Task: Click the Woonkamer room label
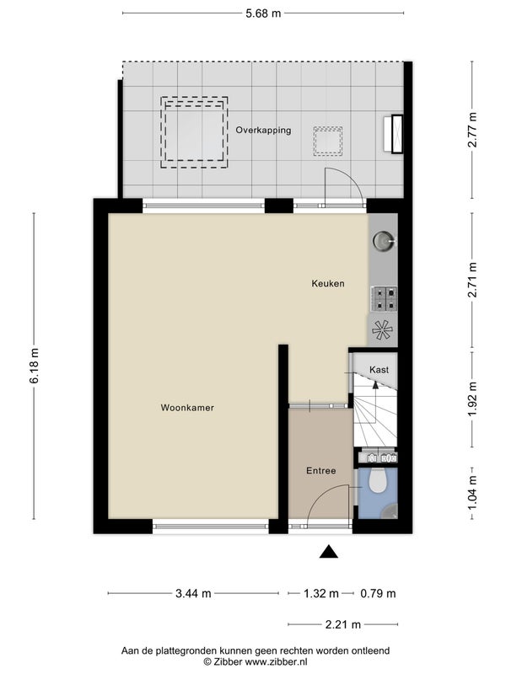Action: tap(187, 408)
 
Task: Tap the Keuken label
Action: tap(328, 283)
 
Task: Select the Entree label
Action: tap(321, 471)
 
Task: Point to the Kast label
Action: tap(379, 370)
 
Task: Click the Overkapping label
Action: tap(263, 130)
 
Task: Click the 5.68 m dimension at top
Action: tap(263, 13)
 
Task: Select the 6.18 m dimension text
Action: tap(35, 366)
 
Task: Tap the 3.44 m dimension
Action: tap(193, 594)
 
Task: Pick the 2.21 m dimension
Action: tap(343, 624)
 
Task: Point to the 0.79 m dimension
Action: tap(378, 594)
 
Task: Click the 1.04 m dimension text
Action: tap(472, 493)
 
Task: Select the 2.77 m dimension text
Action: tap(472, 130)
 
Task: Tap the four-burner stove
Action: tap(385, 299)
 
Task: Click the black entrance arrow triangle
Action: tap(328, 552)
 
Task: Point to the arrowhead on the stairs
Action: tap(375, 384)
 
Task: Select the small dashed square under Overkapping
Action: tap(328, 141)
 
